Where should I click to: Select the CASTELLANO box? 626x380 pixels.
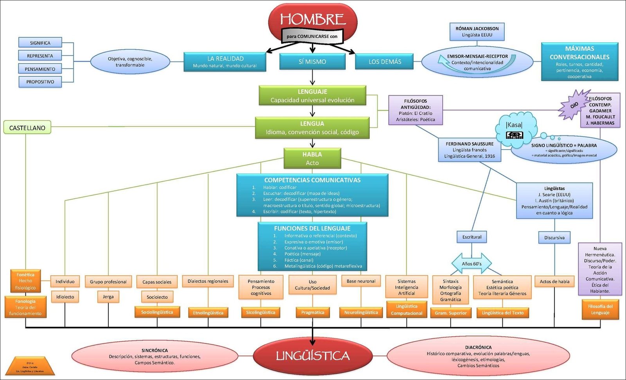click(27, 127)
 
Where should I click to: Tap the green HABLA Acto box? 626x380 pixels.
click(312, 158)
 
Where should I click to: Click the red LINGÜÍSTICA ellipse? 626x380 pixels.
click(312, 356)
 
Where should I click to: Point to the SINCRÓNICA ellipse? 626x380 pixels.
click(155, 357)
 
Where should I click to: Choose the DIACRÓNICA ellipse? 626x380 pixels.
click(478, 356)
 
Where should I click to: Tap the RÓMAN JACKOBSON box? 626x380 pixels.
click(477, 32)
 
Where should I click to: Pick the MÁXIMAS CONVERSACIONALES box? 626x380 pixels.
click(579, 62)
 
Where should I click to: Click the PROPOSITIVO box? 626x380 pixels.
click(40, 82)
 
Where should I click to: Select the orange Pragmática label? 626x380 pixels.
click(313, 312)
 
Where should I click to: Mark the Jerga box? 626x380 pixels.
click(108, 297)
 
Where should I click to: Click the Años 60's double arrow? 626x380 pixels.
click(471, 264)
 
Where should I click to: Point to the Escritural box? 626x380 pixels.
click(472, 237)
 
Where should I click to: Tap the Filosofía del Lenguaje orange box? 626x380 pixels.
click(600, 310)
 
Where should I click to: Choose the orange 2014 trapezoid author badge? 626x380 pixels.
click(30, 366)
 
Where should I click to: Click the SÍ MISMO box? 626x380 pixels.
click(312, 62)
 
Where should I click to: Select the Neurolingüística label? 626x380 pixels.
click(361, 312)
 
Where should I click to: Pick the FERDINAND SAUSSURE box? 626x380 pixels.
click(469, 150)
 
